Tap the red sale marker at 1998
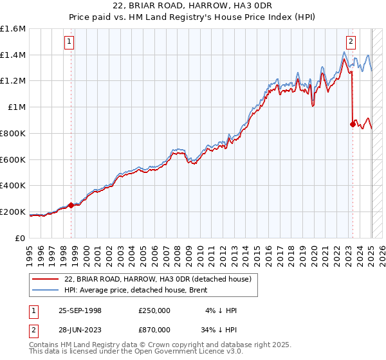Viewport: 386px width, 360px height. point(71,205)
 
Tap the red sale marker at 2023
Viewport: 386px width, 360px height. point(353,124)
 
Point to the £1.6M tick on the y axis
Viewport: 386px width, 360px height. point(13,29)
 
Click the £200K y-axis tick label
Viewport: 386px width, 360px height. point(13,212)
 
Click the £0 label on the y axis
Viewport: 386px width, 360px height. point(21,238)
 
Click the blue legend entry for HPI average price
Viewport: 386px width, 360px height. point(141,290)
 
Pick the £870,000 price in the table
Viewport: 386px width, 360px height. point(154,329)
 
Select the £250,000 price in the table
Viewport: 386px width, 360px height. point(154,310)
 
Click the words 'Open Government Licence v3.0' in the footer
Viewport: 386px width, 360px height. point(190,352)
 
